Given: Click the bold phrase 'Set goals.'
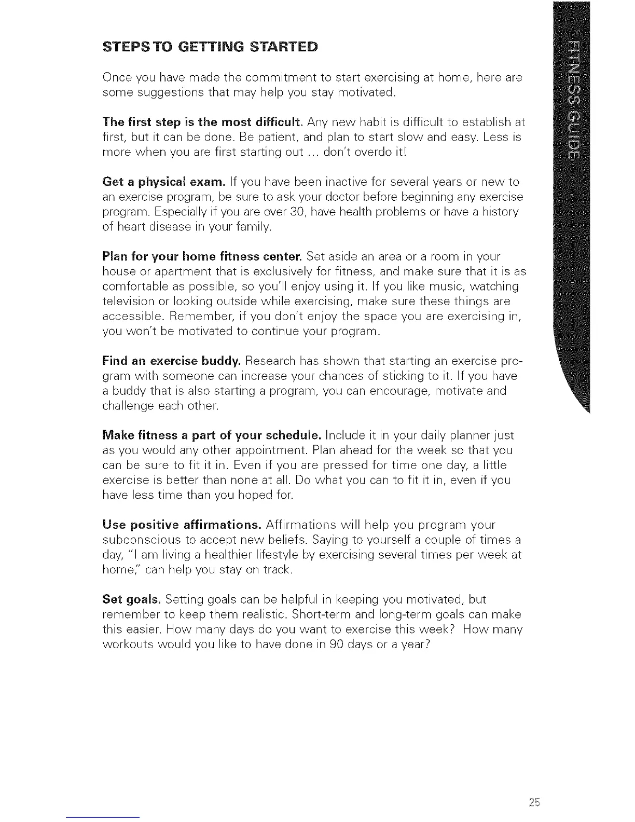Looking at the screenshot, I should (132, 600).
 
